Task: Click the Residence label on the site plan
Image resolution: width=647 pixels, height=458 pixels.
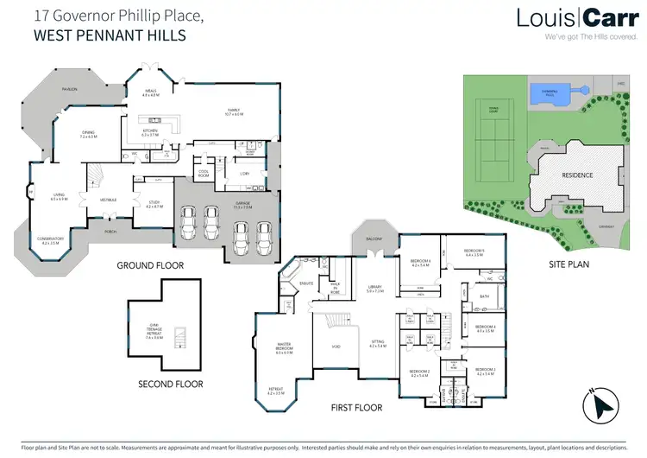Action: [577, 175]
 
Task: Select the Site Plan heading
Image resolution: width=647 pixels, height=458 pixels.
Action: [570, 264]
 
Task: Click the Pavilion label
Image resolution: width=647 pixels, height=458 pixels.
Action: [69, 89]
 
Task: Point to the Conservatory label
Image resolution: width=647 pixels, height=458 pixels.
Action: [53, 242]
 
